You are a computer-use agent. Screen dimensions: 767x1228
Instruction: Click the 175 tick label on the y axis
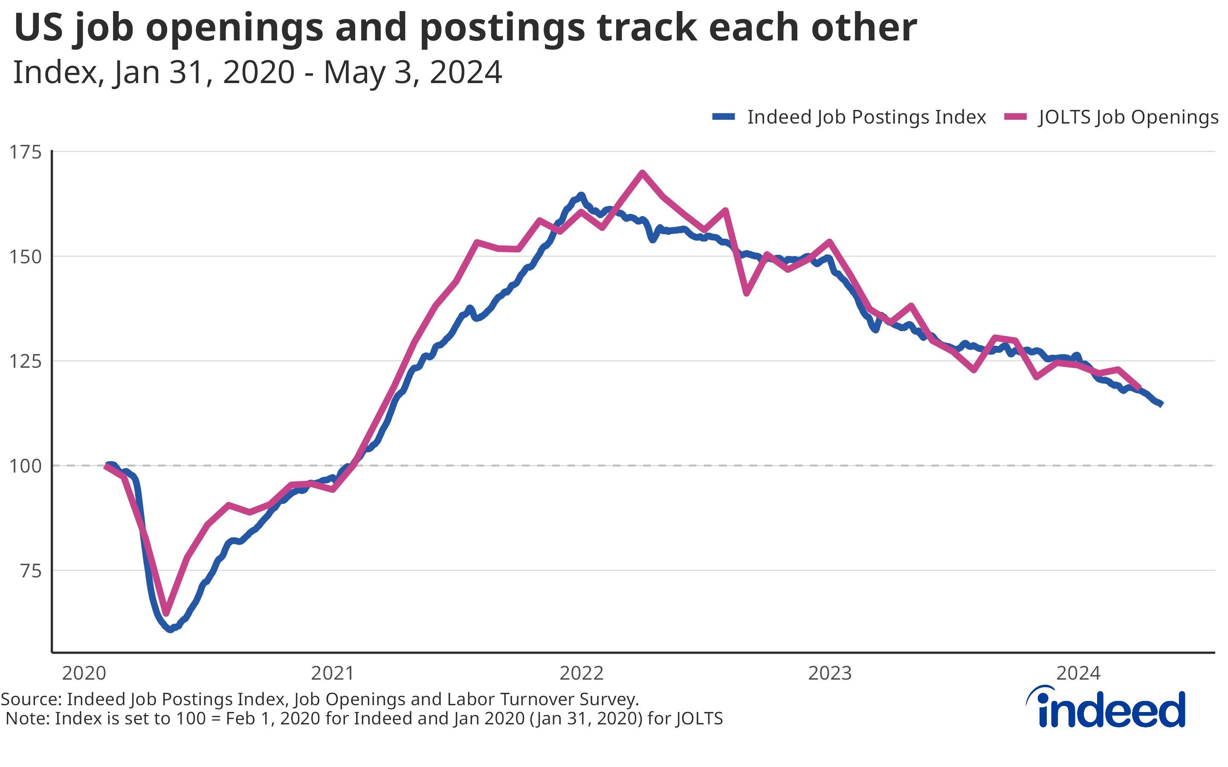(x=26, y=152)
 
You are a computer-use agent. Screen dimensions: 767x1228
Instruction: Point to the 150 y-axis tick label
(x=26, y=257)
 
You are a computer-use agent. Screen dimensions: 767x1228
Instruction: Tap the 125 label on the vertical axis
(x=26, y=361)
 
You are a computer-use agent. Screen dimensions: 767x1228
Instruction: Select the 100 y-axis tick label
(x=26, y=466)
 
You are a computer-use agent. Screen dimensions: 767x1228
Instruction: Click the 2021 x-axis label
(x=333, y=673)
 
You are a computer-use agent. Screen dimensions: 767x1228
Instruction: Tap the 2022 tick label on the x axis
(x=582, y=673)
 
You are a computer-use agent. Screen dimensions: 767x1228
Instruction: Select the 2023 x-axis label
(x=830, y=673)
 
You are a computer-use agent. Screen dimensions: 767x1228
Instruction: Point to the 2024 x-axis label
(x=1078, y=673)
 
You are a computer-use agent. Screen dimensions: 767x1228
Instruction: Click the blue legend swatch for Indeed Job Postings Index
(x=724, y=117)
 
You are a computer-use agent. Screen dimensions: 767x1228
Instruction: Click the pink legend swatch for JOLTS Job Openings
(x=1015, y=117)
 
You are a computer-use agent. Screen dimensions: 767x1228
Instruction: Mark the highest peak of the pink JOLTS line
(x=643, y=173)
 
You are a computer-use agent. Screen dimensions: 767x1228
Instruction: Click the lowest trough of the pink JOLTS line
(x=166, y=613)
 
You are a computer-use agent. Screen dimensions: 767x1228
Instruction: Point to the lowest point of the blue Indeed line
(x=171, y=629)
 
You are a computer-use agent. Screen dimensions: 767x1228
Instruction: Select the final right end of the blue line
(x=1161, y=404)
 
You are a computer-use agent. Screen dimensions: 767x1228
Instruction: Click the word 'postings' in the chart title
(x=502, y=28)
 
